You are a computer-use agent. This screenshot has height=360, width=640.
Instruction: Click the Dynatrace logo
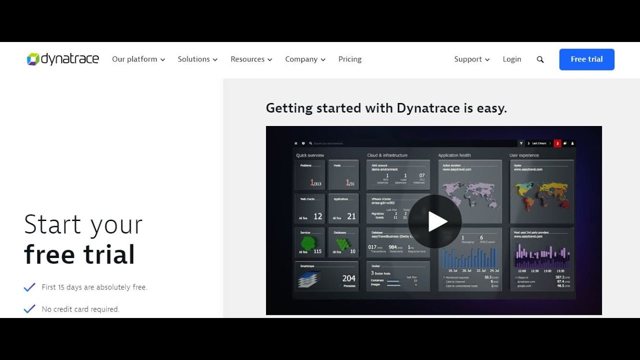(63, 59)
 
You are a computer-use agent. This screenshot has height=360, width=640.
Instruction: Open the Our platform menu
(138, 59)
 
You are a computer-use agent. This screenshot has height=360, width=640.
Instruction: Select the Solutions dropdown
(197, 59)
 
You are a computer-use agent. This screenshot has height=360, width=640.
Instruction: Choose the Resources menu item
(251, 59)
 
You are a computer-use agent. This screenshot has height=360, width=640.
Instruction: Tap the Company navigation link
(305, 59)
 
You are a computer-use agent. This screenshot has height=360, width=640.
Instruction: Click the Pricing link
(350, 59)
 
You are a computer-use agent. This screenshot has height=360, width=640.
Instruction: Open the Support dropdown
(471, 59)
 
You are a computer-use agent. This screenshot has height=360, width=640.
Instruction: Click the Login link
(512, 59)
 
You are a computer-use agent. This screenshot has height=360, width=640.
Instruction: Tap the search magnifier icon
(540, 59)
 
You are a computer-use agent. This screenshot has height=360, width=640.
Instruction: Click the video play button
(435, 221)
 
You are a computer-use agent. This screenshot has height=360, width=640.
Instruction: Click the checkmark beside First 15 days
(29, 287)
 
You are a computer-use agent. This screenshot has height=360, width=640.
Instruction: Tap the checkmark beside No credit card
(29, 309)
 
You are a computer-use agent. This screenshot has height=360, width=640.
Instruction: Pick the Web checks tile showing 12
(310, 208)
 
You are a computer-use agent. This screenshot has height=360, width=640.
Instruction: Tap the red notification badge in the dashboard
(557, 143)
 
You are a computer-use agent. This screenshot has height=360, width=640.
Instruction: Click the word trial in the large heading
(109, 254)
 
